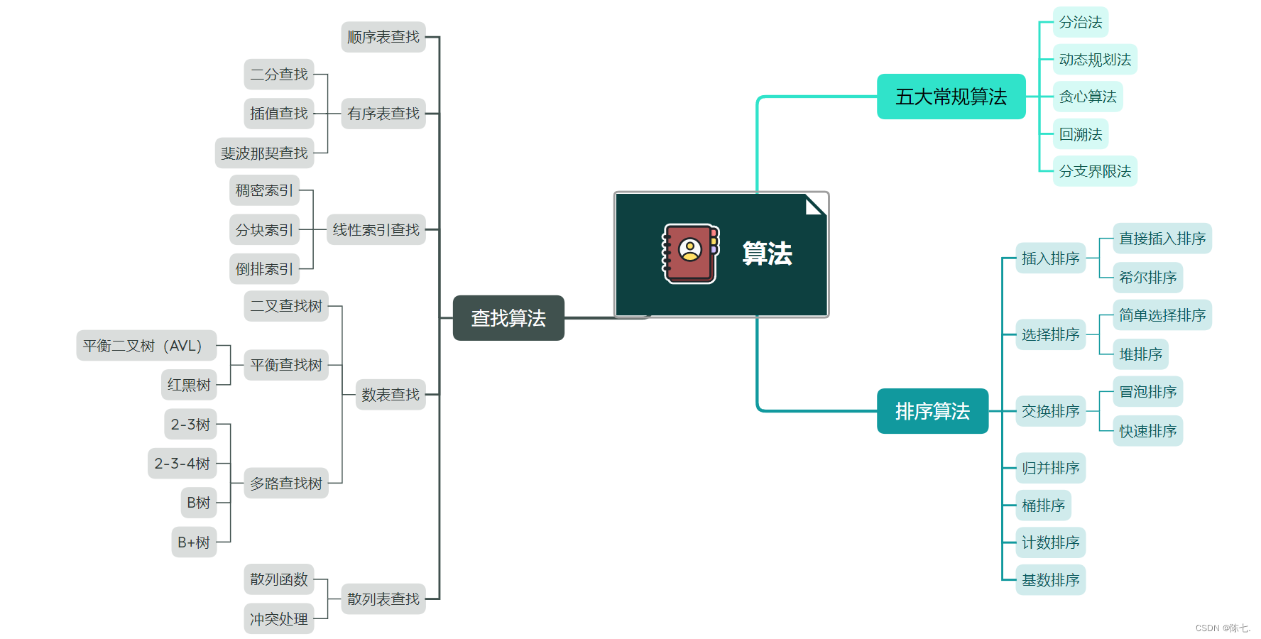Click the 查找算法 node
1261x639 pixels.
pyautogui.click(x=508, y=318)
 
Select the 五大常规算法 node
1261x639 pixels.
pyautogui.click(x=951, y=97)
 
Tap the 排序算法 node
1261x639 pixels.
pyautogui.click(x=932, y=411)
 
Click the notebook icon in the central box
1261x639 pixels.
pyautogui.click(x=690, y=253)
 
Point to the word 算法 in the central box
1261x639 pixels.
pyautogui.click(x=767, y=253)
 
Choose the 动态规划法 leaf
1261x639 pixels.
pyautogui.click(x=1094, y=60)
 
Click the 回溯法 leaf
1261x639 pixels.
pyautogui.click(x=1080, y=134)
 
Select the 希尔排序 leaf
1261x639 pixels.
pyautogui.click(x=1147, y=278)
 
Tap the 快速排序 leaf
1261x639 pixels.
pyautogui.click(x=1147, y=431)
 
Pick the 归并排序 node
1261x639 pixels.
pyautogui.click(x=1050, y=468)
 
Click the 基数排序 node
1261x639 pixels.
pyautogui.click(x=1050, y=580)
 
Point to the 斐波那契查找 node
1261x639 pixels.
pyautogui.click(x=264, y=153)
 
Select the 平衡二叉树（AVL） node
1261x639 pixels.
pyautogui.click(x=146, y=346)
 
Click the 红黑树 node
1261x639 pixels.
pyautogui.click(x=189, y=385)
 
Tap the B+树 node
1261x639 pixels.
pyautogui.click(x=194, y=542)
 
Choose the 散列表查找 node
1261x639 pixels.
pyautogui.click(x=383, y=599)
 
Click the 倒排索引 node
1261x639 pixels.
pyautogui.click(x=264, y=269)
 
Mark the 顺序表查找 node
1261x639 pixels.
pyautogui.click(x=383, y=37)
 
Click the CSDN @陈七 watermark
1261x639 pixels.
pyautogui.click(x=1223, y=628)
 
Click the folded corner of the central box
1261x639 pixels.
pyautogui.click(x=816, y=204)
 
